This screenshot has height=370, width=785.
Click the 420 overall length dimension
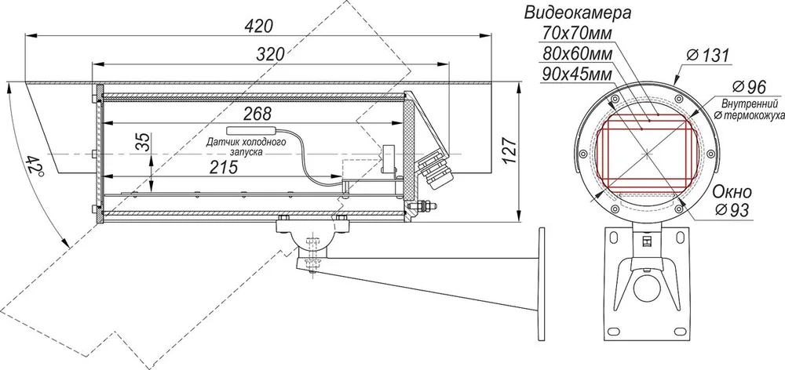click(258, 26)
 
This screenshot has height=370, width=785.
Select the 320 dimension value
click(270, 54)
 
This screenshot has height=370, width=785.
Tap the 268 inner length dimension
click(257, 114)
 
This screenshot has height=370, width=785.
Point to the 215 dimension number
click(223, 168)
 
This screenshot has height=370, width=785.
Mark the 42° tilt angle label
click(35, 165)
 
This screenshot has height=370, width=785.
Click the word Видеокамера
click(577, 13)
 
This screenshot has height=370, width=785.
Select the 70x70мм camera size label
click(577, 33)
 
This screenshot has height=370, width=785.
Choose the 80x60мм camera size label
click(577, 53)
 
